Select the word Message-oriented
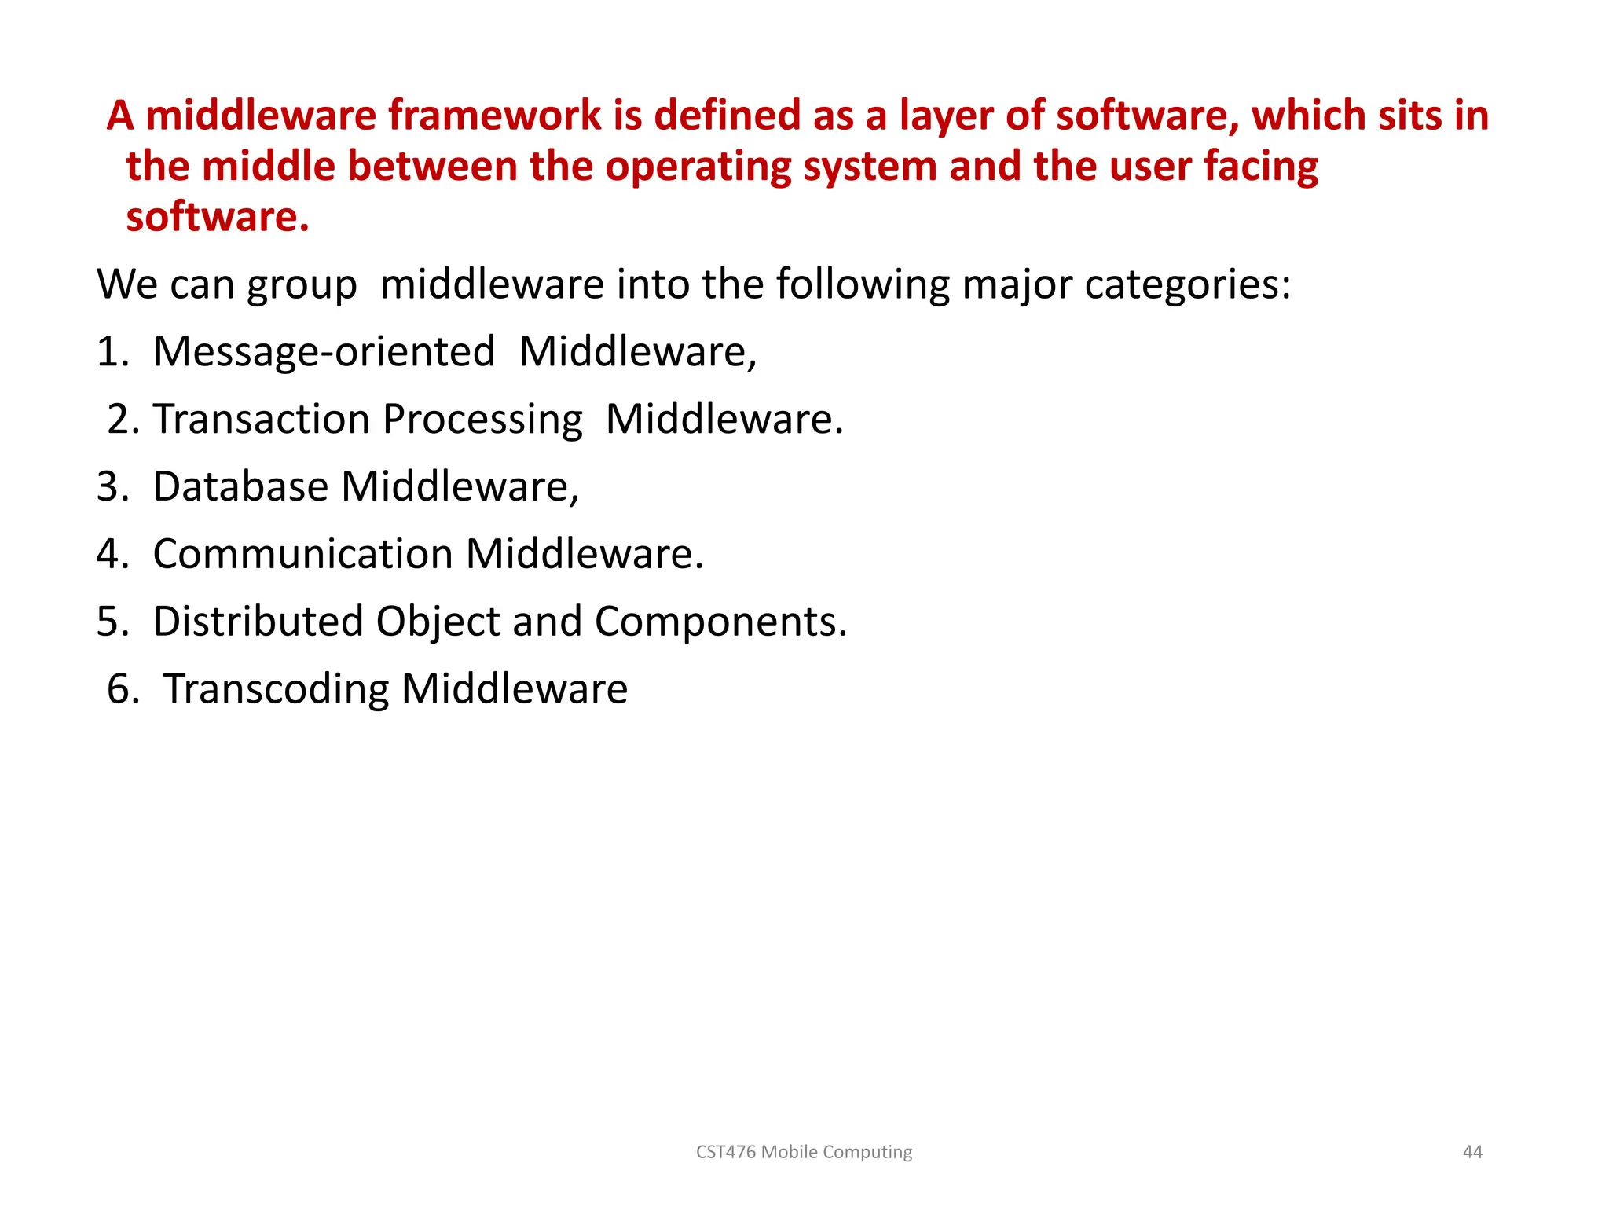point(324,353)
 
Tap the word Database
point(240,486)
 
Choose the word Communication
point(302,554)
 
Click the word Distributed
point(258,622)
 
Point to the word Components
point(720,622)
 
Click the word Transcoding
point(276,690)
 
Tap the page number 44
point(1472,1152)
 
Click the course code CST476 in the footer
point(727,1152)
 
